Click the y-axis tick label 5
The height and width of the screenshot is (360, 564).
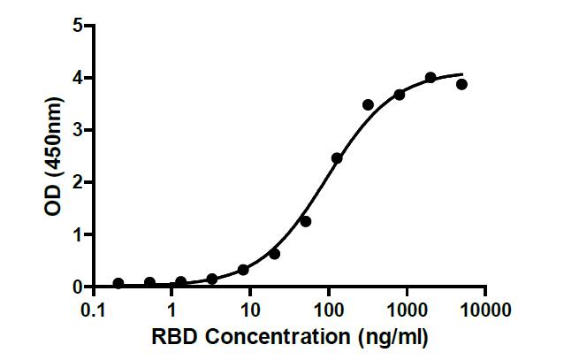(x=77, y=26)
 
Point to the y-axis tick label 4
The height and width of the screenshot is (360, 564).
(x=77, y=78)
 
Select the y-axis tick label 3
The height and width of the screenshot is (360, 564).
(x=77, y=130)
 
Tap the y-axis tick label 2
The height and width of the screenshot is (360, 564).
(x=77, y=182)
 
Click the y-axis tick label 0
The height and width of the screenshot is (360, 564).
(x=77, y=287)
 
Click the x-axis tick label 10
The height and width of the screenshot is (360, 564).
(x=250, y=310)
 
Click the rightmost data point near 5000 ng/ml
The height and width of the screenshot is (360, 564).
(x=461, y=84)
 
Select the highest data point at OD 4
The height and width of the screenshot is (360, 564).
(x=431, y=78)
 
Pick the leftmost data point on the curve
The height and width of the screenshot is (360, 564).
(x=118, y=283)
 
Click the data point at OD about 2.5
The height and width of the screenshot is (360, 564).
(x=337, y=158)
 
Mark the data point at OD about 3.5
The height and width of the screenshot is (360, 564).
(x=368, y=104)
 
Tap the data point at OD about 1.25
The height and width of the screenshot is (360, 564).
(x=306, y=221)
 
